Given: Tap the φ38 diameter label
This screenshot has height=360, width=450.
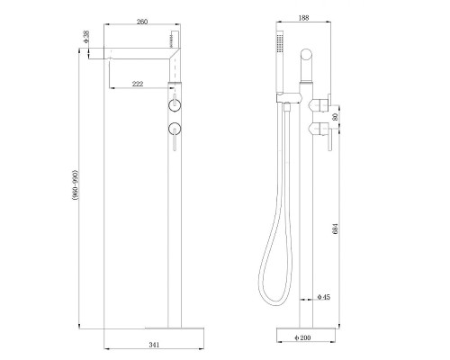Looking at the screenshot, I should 87,40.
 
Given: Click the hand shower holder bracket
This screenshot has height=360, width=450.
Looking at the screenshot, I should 288,95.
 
